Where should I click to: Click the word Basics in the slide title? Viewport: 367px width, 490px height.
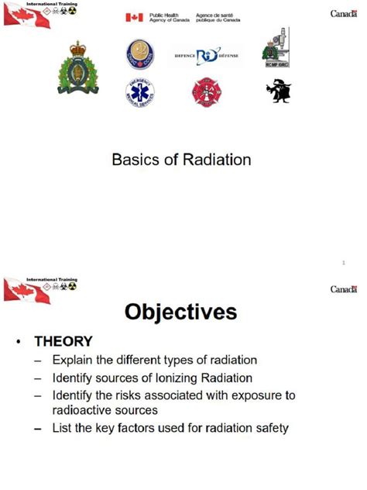135,160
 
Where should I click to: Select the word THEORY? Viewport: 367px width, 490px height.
63,341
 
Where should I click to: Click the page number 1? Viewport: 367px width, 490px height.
342,264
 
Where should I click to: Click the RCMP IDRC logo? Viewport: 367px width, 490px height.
276,48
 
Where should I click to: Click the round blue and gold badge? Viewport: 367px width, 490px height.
140,54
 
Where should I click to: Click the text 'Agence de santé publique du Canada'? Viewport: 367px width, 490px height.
218,17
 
